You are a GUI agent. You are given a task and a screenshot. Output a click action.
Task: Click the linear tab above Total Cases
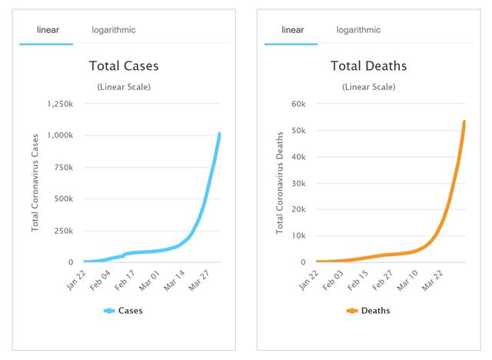[48, 30]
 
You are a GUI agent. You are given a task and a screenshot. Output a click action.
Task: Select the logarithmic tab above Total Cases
[113, 30]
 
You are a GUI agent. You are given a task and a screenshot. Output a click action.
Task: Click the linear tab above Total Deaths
[293, 30]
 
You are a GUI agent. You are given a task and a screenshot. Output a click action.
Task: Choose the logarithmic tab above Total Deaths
[358, 30]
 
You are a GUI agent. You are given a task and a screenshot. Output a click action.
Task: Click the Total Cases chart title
[124, 66]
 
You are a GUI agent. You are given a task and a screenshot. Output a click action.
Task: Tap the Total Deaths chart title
[369, 66]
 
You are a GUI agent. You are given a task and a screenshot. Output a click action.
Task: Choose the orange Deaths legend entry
[368, 311]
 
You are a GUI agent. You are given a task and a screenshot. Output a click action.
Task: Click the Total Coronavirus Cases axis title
[35, 183]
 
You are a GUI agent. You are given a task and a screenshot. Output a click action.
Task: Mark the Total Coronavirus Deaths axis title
[280, 183]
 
